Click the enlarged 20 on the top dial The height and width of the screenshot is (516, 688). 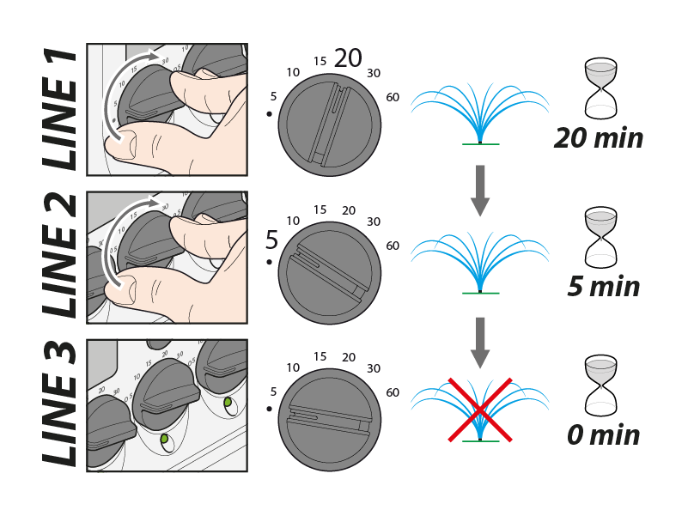[348, 58]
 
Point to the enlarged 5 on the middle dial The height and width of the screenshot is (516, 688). [272, 239]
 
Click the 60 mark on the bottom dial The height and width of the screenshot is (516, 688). [393, 393]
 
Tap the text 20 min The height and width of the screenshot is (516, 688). [599, 137]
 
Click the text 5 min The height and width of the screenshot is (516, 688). [603, 286]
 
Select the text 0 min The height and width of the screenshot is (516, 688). [603, 434]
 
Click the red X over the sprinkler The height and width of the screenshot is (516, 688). [479, 409]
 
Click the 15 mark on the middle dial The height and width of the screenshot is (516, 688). [320, 209]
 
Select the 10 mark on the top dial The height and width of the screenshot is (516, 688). [292, 72]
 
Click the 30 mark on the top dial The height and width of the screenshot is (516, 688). [373, 72]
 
